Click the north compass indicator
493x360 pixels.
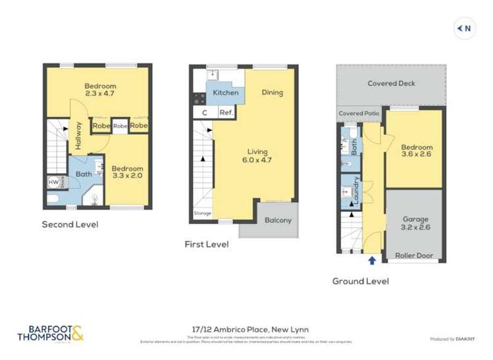(465, 28)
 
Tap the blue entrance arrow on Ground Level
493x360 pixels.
(373, 261)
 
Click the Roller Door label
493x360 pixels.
(415, 255)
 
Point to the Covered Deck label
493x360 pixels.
(391, 84)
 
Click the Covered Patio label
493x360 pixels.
(359, 113)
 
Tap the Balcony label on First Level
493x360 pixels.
(278, 220)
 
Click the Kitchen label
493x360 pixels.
(225, 93)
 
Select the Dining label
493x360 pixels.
(272, 93)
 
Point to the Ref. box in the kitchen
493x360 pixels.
(225, 113)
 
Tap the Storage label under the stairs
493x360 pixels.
(202, 213)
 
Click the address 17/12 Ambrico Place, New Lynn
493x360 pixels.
(246, 329)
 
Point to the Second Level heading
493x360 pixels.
(70, 224)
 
